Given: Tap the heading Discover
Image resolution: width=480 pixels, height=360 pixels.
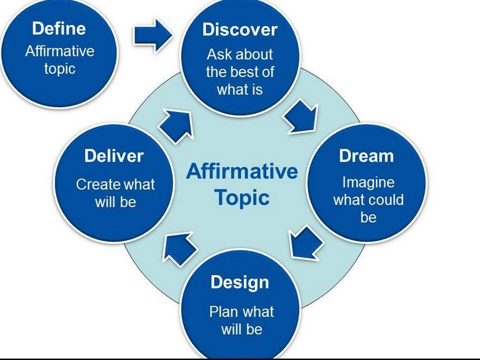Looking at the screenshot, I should (x=240, y=30).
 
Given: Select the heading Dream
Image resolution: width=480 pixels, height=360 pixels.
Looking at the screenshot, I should (x=366, y=156).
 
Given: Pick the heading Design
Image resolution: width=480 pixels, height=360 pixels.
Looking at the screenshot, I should (x=240, y=283).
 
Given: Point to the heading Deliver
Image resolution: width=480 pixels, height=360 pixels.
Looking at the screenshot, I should (x=114, y=156).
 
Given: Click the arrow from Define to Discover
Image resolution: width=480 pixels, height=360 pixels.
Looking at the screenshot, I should (x=153, y=36).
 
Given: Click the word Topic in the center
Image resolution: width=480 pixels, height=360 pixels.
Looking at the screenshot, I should (x=242, y=197).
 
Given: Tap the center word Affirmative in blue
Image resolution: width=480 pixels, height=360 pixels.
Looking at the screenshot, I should (x=242, y=172).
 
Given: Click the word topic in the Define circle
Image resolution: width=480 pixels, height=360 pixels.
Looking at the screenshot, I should (x=60, y=68).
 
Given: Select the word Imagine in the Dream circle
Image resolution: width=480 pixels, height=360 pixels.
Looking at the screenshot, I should (x=368, y=182).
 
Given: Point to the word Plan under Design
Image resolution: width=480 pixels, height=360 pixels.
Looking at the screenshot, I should (x=224, y=312).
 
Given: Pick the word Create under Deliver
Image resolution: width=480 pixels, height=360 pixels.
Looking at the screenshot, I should (x=95, y=184).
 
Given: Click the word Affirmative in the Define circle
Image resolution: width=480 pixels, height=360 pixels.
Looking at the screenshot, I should (x=60, y=51).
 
